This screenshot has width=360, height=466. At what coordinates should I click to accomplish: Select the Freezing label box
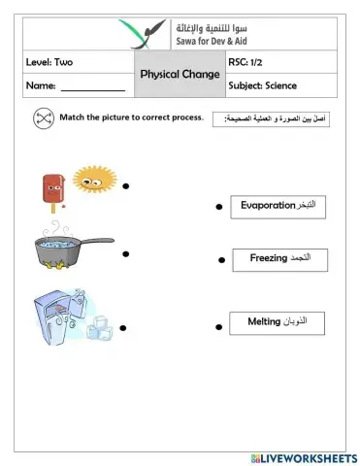click(279, 259)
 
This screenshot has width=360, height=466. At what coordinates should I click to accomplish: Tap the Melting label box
click(278, 320)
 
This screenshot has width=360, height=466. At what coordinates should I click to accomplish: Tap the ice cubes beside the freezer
click(99, 330)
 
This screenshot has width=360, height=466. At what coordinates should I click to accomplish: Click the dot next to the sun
click(126, 184)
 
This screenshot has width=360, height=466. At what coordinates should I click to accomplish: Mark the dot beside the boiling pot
click(126, 253)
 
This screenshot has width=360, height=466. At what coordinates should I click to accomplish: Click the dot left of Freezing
click(221, 260)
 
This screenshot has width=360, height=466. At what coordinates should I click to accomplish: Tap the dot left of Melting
click(220, 323)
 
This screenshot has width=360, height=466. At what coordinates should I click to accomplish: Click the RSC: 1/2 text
click(246, 63)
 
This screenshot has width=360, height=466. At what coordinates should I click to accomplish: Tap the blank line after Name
click(93, 89)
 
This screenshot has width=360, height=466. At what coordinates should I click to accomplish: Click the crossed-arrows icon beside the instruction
click(43, 118)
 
